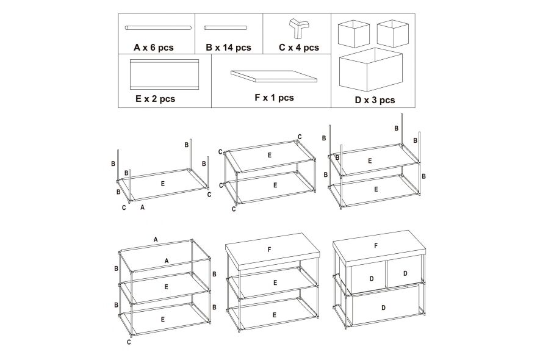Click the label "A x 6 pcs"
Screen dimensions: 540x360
click(154, 48)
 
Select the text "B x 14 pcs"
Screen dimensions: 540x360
click(229, 48)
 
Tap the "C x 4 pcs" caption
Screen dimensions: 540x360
click(299, 48)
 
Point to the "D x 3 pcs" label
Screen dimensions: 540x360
click(375, 100)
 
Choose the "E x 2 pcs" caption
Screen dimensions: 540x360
click(156, 99)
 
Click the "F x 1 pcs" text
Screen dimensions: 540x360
click(274, 98)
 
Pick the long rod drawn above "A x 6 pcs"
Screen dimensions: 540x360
click(158, 27)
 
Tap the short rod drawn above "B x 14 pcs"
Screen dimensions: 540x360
click(225, 28)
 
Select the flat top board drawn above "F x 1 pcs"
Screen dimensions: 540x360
click(274, 76)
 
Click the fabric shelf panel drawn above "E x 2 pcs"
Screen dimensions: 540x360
click(165, 74)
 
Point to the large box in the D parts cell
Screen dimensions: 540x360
click(371, 69)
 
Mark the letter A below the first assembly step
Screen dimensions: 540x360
click(142, 207)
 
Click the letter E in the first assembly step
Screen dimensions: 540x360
click(163, 184)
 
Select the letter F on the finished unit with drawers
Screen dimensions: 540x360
click(376, 246)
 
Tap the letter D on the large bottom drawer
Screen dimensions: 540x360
click(383, 308)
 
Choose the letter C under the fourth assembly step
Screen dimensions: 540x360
click(129, 342)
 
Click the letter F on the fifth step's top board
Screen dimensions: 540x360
click(269, 250)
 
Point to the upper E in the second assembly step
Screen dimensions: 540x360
click(269, 156)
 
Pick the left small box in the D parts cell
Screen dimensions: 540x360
click(354, 34)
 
